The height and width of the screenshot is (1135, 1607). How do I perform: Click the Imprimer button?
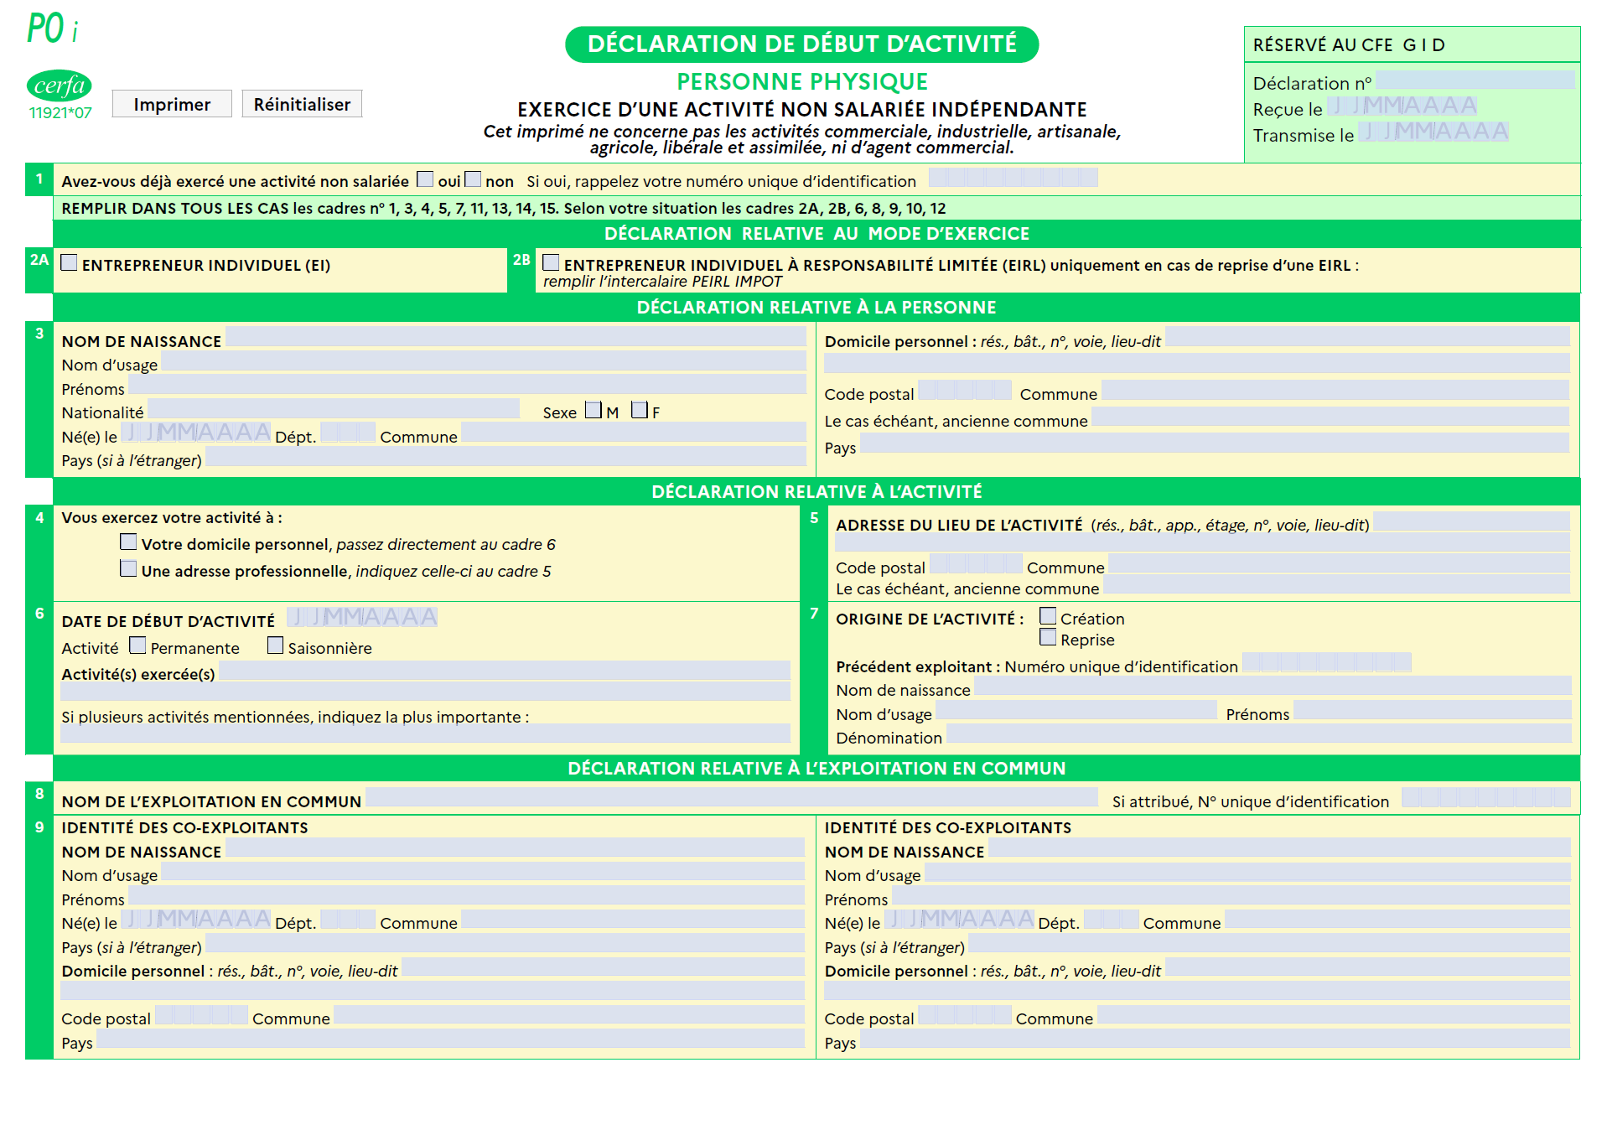171,104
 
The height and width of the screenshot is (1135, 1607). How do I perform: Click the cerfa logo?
59,86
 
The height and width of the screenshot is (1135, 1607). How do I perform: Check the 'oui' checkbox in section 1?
425,179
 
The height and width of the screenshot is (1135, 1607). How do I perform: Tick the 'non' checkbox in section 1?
473,179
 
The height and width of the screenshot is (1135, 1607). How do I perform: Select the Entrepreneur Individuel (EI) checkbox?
70,263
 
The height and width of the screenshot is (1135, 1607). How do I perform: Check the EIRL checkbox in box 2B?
551,263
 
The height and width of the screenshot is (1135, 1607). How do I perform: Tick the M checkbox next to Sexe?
594,410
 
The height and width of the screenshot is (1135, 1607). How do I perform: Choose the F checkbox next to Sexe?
640,410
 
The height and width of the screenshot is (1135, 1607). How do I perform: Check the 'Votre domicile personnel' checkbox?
128,542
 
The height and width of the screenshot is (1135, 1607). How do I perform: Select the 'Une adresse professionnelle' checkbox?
128,569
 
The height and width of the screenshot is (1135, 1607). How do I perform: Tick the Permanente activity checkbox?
137,645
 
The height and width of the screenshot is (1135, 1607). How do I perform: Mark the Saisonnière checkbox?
275,645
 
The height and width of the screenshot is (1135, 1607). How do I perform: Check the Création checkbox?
1048,616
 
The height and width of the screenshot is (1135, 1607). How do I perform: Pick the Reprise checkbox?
1048,638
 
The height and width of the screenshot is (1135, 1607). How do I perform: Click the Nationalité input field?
334,409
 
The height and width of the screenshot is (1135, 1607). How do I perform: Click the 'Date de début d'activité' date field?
362,618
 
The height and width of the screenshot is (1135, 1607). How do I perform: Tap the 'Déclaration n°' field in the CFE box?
1475,80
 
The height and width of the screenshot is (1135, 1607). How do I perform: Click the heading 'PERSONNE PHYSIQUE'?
802,82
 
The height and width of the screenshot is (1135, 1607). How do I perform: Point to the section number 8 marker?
39,793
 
